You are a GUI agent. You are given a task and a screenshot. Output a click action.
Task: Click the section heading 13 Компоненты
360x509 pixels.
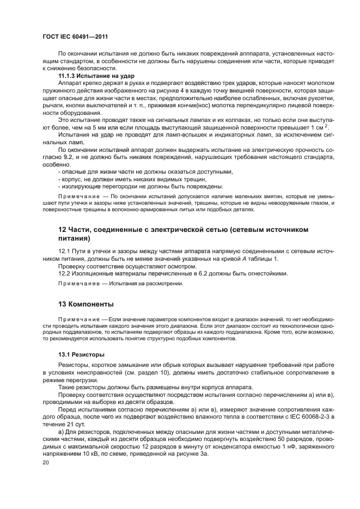87,303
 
